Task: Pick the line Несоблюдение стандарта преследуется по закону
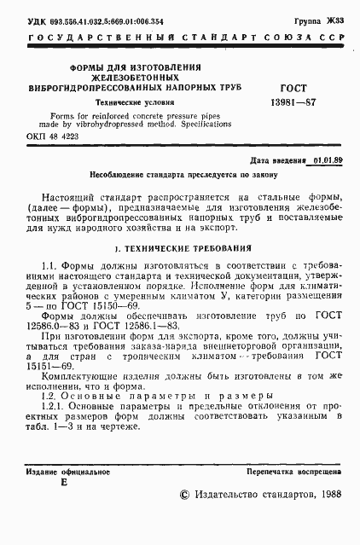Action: (x=177, y=173)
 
